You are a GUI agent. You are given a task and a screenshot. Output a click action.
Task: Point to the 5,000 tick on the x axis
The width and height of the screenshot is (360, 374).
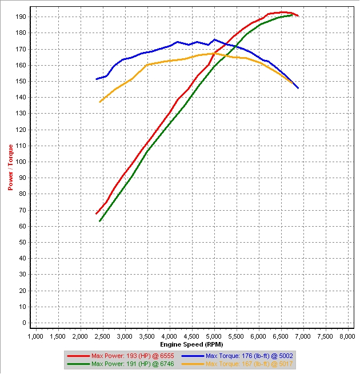214,337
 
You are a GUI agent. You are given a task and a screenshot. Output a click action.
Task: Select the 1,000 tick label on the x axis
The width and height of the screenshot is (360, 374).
35,337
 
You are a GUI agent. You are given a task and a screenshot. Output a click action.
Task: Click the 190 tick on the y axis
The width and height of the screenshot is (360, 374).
22,17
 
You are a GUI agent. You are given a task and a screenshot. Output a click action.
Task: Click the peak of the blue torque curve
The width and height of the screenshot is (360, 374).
214,39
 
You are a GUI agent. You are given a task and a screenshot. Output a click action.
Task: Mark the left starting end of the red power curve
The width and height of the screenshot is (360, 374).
96,214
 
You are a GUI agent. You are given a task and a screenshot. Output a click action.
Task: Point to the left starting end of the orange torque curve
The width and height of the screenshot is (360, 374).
100,102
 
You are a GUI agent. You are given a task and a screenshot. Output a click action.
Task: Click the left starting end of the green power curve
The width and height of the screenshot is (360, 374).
100,221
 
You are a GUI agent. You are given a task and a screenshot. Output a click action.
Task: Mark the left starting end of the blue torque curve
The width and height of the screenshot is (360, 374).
96,79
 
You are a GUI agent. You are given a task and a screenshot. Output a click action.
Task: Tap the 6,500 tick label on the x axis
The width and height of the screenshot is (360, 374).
281,337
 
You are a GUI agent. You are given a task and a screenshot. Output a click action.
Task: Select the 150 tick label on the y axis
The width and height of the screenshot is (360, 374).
22,81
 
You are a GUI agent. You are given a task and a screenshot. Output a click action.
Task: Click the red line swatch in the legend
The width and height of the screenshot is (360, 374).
79,355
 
